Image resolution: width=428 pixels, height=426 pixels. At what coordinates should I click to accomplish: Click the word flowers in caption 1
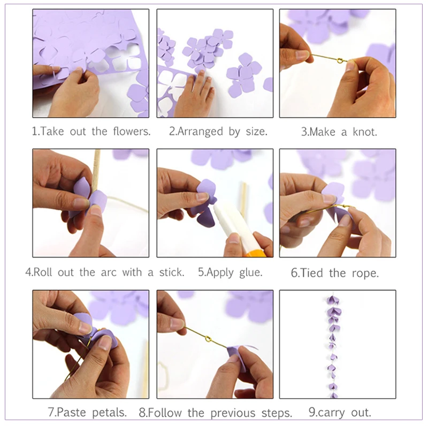(132, 131)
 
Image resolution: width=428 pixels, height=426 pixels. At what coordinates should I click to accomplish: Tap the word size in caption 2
(256, 132)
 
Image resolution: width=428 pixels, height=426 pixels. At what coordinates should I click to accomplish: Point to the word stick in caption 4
(172, 272)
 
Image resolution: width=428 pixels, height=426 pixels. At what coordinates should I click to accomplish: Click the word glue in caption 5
(250, 272)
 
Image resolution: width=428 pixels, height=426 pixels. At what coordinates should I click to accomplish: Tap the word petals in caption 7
(109, 412)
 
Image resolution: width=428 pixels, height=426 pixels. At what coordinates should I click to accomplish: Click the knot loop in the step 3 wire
(340, 60)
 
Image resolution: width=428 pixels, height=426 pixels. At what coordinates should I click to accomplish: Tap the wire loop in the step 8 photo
(208, 339)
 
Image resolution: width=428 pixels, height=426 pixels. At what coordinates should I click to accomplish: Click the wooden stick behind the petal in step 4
(96, 171)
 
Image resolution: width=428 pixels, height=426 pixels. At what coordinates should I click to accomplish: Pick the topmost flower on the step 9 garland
(333, 300)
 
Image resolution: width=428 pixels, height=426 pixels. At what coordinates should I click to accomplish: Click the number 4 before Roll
(28, 272)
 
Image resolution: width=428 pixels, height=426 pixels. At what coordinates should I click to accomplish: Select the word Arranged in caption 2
(200, 132)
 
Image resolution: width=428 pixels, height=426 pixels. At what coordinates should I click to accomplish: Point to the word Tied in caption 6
(311, 273)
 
